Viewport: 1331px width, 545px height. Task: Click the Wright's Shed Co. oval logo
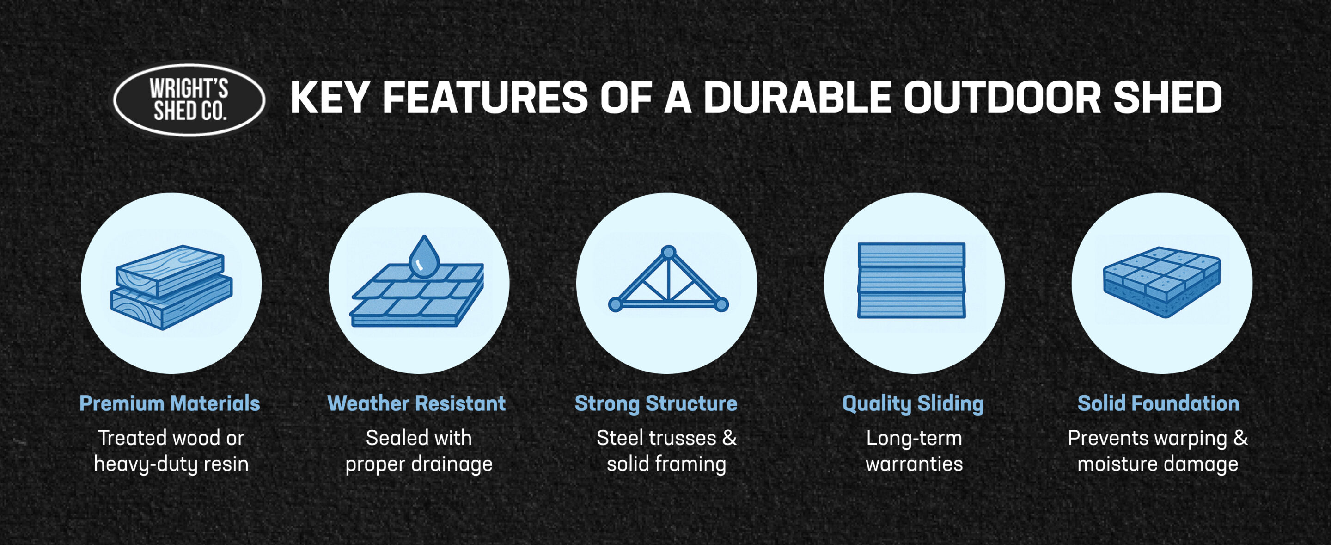pos(189,100)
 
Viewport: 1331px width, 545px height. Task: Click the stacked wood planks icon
pos(171,287)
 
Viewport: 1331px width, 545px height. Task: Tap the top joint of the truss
pos(668,252)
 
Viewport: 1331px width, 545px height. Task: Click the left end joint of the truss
pos(616,304)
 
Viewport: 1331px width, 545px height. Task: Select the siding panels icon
pos(912,280)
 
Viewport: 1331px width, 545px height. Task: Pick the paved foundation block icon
pos(1161,282)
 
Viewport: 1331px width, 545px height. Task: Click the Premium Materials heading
pos(170,403)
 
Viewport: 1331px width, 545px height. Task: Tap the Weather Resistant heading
pos(416,403)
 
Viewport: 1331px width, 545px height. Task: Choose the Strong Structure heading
pos(656,404)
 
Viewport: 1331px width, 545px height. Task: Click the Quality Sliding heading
pos(913,404)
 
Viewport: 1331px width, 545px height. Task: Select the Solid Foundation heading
pos(1159,403)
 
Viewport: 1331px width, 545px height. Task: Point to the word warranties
pos(914,464)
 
